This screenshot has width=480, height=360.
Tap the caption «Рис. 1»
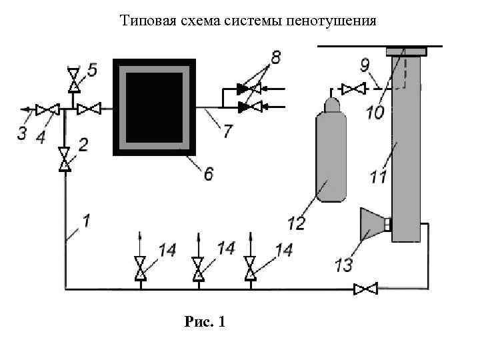(x=205, y=322)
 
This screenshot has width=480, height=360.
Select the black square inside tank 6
(x=154, y=107)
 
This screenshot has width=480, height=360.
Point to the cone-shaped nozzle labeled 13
(x=371, y=223)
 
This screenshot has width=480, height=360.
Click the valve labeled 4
(x=47, y=109)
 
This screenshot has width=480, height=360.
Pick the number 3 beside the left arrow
(x=22, y=133)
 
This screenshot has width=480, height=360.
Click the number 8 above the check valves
(x=272, y=59)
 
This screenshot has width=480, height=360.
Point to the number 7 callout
(x=228, y=131)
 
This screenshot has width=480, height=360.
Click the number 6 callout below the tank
(x=209, y=174)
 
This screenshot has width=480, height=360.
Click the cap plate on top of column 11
(x=406, y=51)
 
